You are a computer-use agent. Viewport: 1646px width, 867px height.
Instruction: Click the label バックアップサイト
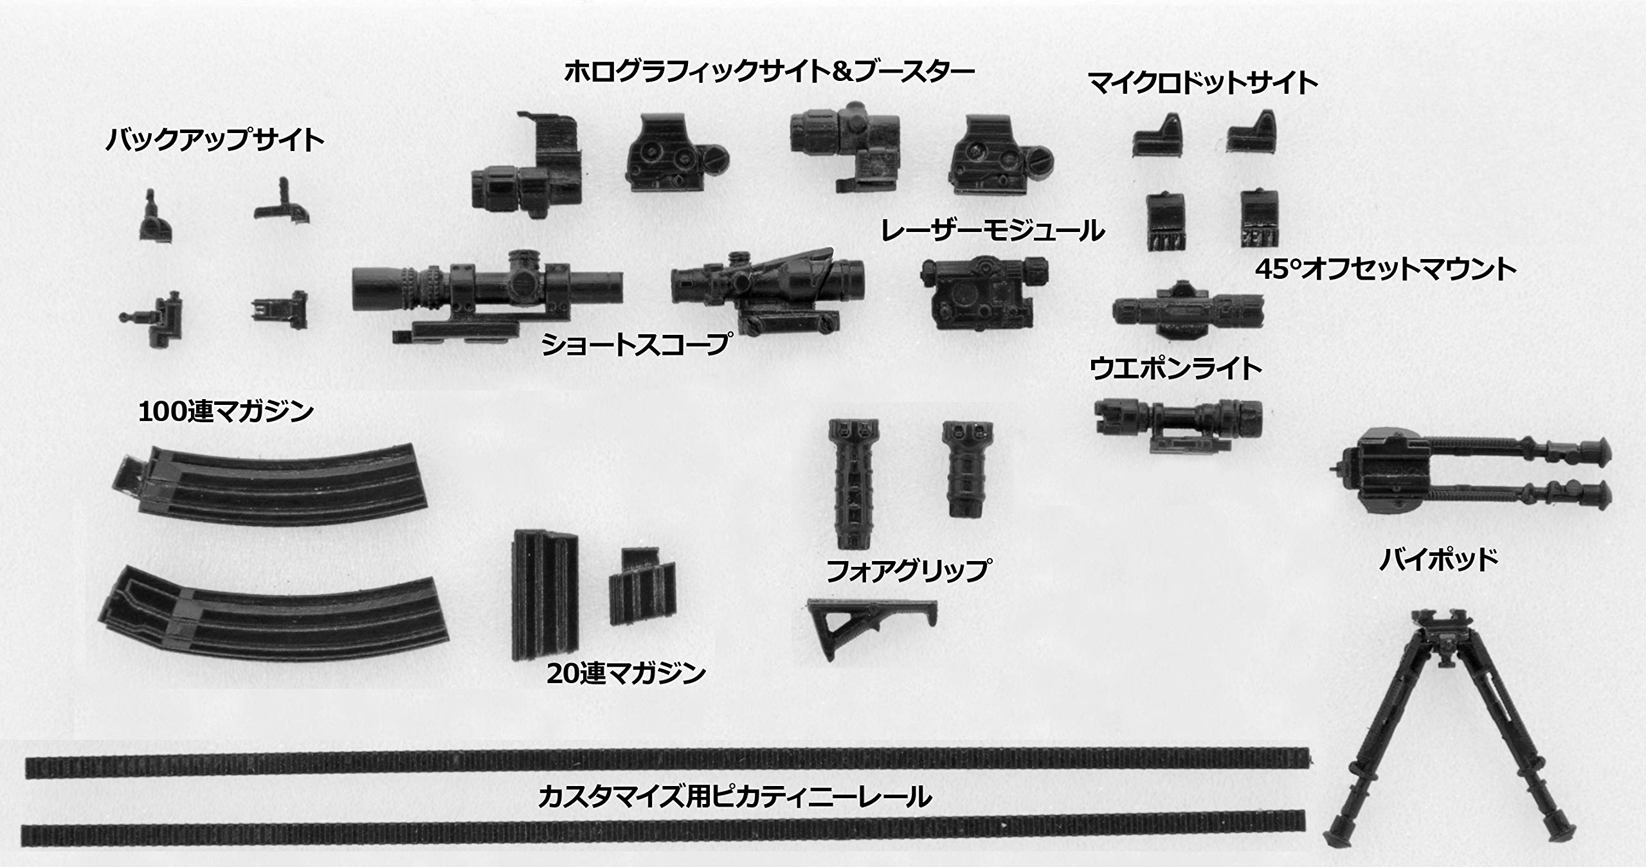coord(215,140)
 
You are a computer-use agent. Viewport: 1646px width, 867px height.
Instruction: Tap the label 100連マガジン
coord(226,412)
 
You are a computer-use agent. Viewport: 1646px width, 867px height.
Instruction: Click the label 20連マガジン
coord(626,674)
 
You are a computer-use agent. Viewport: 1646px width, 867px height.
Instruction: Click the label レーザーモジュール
coord(992,231)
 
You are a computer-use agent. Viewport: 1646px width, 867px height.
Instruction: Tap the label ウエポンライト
coord(1176,370)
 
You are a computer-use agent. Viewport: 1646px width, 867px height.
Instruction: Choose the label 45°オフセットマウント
coord(1386,269)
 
